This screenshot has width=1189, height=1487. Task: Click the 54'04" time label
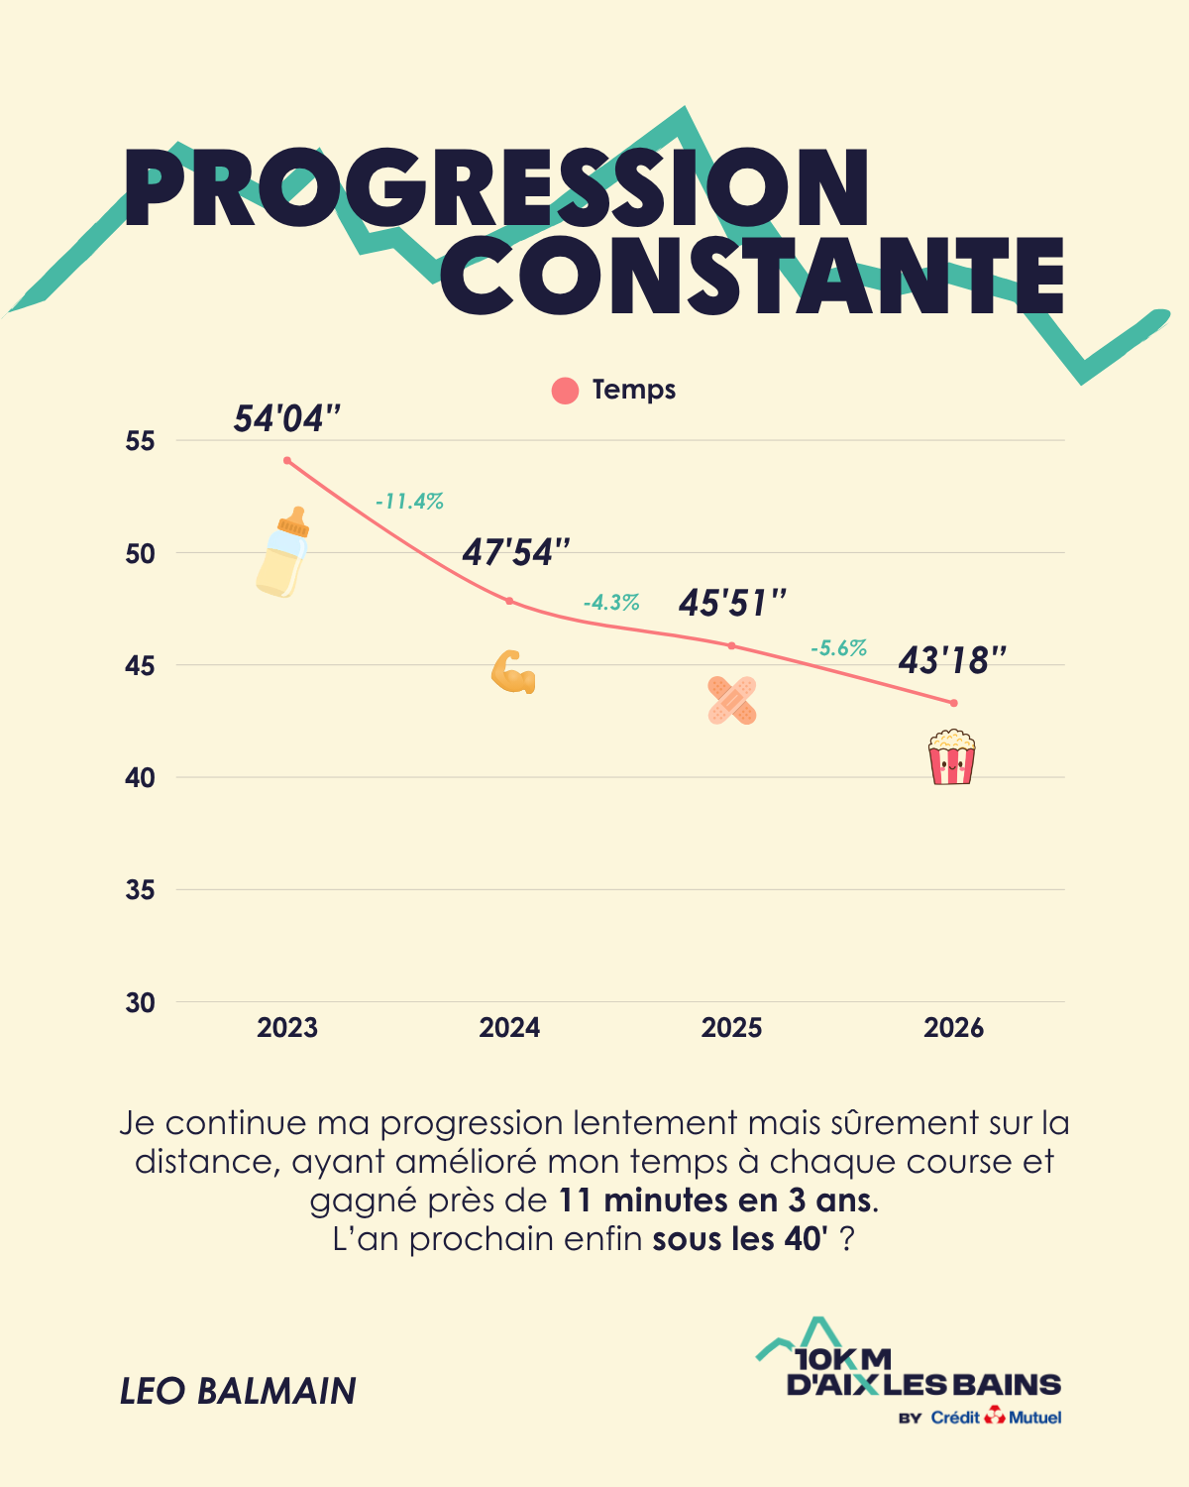point(287,419)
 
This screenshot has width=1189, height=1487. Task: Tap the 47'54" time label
point(516,552)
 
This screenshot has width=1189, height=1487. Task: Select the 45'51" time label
point(732,603)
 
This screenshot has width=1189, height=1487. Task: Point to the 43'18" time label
point(952,660)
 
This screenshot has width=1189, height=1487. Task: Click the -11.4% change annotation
point(409,502)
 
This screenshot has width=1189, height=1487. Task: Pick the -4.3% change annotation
point(611,603)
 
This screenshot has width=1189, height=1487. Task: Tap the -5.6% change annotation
point(838,648)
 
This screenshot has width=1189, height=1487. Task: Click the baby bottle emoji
point(284,552)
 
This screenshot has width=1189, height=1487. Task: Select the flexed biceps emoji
point(513,672)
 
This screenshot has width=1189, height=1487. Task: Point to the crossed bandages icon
point(732,700)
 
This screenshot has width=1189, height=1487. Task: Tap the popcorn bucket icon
point(951,757)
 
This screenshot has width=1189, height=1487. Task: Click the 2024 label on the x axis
point(509,1028)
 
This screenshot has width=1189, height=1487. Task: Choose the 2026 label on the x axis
point(953,1028)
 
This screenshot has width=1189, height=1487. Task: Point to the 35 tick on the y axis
point(141,890)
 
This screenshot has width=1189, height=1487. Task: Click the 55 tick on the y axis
point(141,441)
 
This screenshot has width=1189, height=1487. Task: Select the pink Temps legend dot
point(565,391)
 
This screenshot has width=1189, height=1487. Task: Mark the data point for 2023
point(287,460)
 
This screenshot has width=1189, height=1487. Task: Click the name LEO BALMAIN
point(238,1391)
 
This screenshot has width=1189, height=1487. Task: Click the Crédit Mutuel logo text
point(996,1418)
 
